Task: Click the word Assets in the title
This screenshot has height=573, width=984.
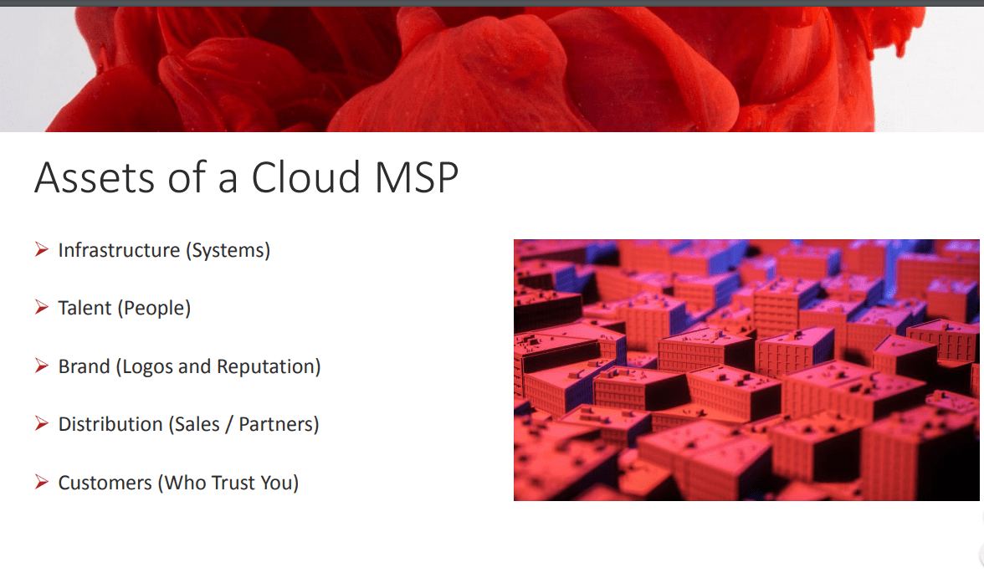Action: tap(94, 177)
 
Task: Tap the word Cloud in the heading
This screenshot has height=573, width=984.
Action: tap(305, 177)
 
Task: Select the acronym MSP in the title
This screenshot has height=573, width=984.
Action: tap(417, 177)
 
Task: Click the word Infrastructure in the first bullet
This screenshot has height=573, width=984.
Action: tap(119, 250)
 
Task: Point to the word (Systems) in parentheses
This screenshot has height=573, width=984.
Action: tap(228, 250)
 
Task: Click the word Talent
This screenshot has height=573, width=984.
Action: tap(85, 308)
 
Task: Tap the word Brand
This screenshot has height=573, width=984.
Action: tap(84, 366)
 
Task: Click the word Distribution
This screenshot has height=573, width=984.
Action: tap(110, 424)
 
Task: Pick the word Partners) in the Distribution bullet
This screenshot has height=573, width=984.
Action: tap(279, 424)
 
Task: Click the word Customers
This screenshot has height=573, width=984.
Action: tap(105, 483)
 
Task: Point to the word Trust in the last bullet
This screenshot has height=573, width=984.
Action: tap(233, 483)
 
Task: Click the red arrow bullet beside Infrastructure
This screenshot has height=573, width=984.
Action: tap(42, 250)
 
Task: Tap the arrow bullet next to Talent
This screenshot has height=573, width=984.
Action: tap(42, 308)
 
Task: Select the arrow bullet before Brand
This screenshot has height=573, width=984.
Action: tap(42, 366)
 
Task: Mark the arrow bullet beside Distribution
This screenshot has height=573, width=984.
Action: tap(42, 424)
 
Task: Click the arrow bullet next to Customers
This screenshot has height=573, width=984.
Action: tap(42, 482)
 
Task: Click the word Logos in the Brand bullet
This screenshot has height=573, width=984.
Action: tap(144, 366)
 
